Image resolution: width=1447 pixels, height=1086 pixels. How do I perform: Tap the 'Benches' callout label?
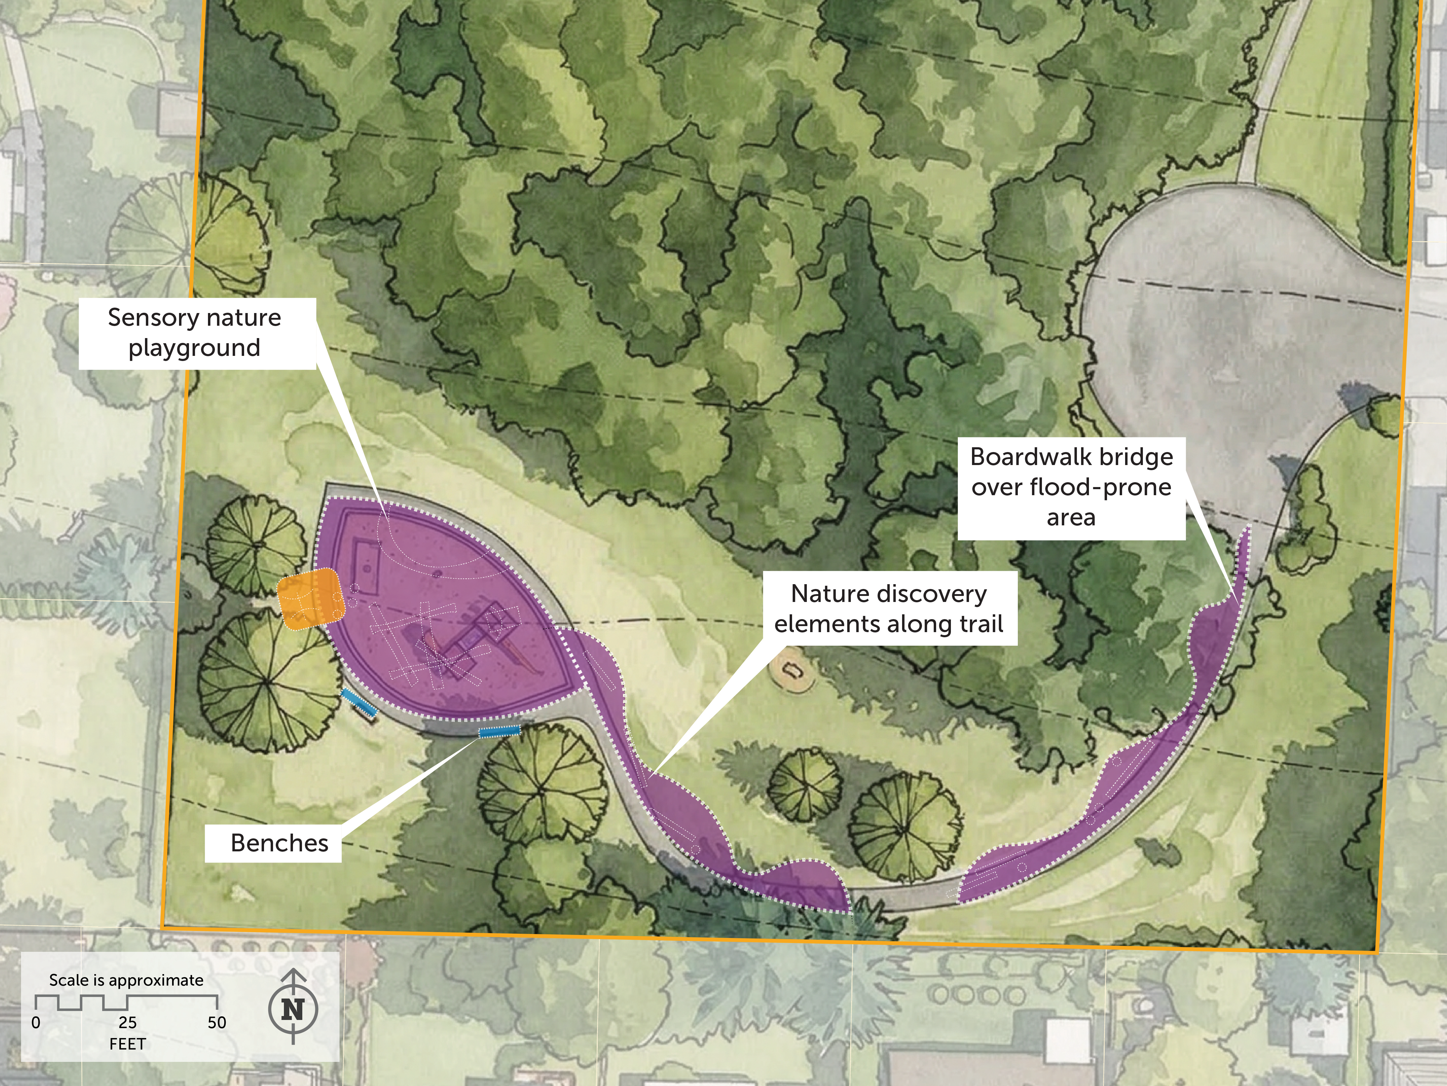tap(279, 843)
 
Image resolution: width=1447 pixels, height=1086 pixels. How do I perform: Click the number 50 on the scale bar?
tap(216, 1022)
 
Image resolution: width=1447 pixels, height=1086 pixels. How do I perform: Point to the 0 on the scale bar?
tap(36, 1022)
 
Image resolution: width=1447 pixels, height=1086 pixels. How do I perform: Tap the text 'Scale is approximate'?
tap(126, 980)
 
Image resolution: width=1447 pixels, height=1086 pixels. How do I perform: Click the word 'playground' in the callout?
tap(194, 348)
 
